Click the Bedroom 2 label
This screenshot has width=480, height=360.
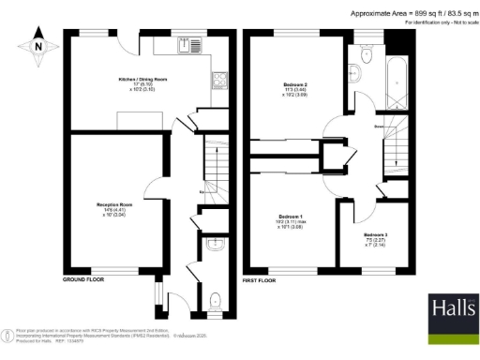click(x=295, y=88)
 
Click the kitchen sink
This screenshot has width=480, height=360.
click(x=196, y=45)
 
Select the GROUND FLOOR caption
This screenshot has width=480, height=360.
click(x=82, y=279)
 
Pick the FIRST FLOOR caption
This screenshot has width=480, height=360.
click(x=262, y=279)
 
